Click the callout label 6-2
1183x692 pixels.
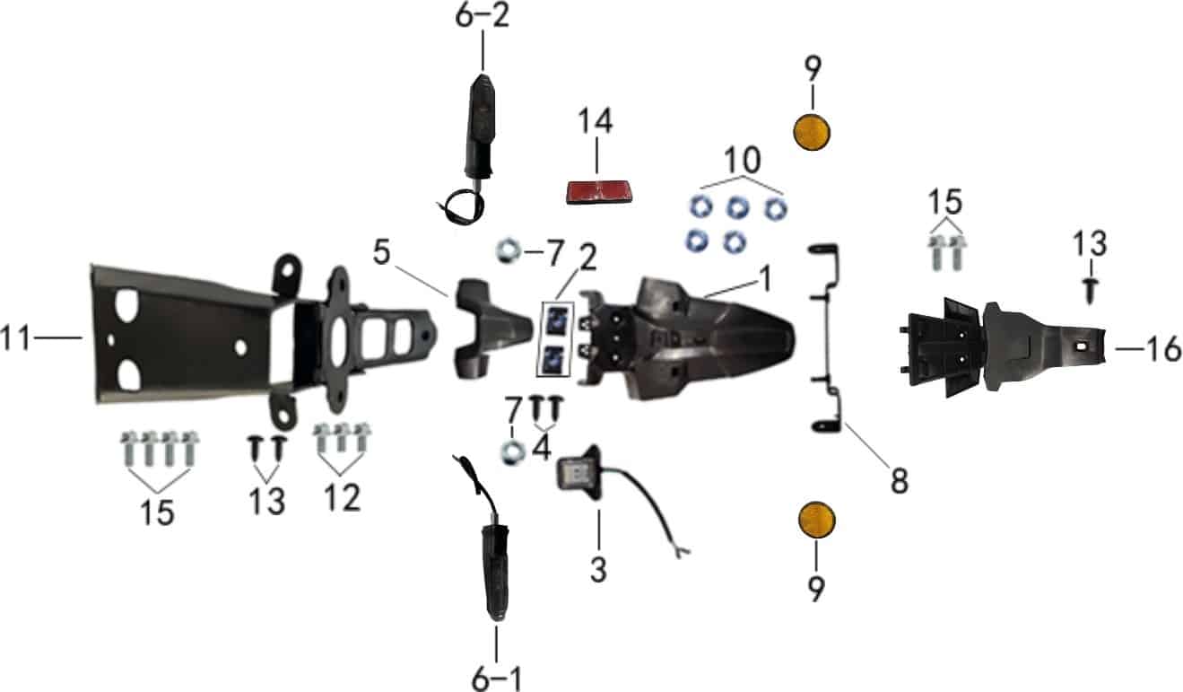[482, 16]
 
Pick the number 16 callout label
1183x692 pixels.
[1163, 348]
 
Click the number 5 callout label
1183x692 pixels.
[382, 253]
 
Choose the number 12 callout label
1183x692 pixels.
[340, 496]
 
